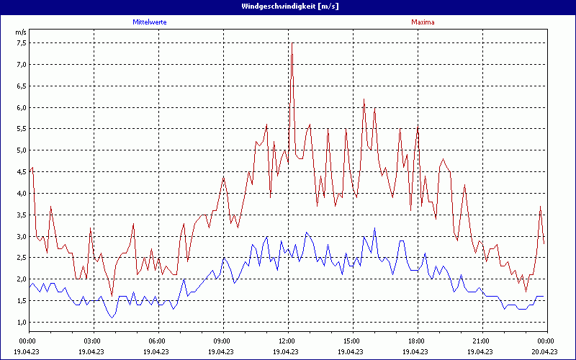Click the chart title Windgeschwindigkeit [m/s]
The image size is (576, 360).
288,6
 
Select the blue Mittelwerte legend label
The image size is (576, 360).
150,22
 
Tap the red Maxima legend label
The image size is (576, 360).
423,22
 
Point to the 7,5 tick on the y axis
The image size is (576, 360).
21,42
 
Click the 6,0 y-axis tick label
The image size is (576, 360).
21,107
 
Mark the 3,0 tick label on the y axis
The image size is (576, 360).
21,236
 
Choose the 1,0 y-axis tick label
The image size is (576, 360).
21,322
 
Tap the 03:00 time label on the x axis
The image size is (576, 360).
92,341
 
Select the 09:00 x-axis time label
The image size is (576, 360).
222,341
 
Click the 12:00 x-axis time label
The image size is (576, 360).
287,341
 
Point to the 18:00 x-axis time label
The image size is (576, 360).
416,341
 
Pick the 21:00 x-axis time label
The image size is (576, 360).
481,341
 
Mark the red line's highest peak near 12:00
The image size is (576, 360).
292,43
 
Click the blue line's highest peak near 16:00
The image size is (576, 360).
374,228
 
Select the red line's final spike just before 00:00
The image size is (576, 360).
541,207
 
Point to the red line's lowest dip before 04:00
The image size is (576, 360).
112,295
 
